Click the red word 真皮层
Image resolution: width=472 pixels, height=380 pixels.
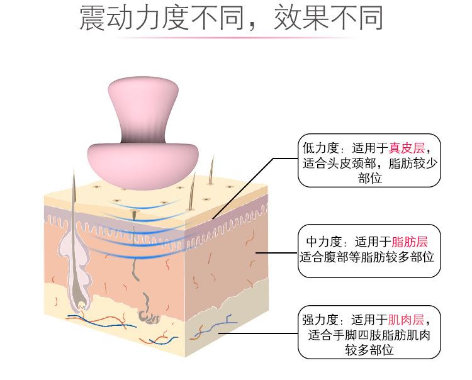[407, 148]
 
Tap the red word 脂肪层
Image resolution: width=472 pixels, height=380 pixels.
[410, 242]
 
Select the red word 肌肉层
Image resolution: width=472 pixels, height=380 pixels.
[406, 320]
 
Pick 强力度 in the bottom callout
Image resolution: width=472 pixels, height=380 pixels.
[321, 320]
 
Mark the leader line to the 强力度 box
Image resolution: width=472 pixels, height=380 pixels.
[264, 334]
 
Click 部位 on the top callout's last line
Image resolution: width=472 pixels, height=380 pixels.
[370, 179]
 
